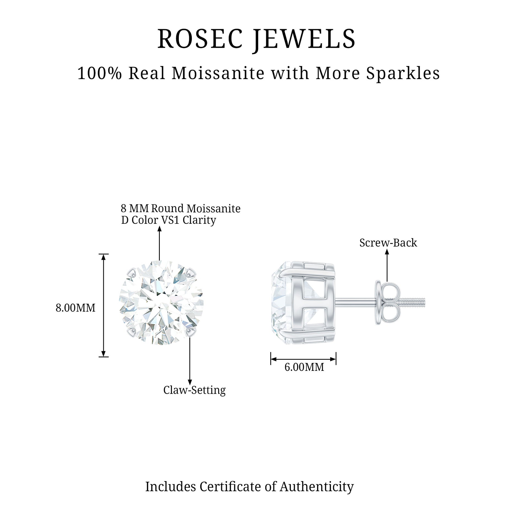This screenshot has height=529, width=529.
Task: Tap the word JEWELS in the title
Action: point(304,40)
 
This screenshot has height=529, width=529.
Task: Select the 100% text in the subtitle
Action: point(99,74)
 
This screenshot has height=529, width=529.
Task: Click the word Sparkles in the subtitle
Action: point(402,74)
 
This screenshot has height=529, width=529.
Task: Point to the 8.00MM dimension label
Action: point(75,308)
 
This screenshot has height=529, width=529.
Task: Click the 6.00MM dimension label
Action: point(304,367)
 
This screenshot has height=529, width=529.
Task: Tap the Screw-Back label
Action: point(388,243)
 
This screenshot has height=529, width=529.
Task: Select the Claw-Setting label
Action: point(195,390)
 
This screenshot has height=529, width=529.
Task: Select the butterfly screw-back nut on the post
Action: point(386,303)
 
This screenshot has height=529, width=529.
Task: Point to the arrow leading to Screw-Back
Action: point(387,265)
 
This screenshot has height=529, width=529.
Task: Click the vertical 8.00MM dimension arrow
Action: point(103,305)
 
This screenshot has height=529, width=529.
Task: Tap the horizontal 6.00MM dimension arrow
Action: point(303,359)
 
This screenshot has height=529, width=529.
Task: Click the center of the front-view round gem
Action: point(161,303)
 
